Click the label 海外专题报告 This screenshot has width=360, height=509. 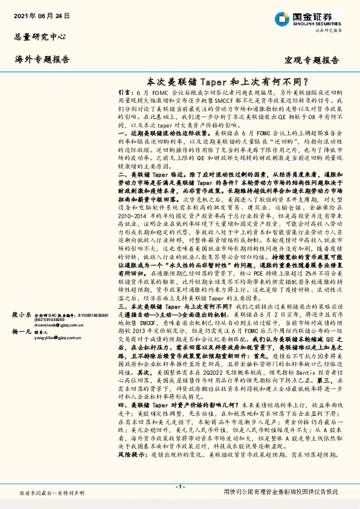(42, 59)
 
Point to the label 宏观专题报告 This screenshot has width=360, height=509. (311, 60)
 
